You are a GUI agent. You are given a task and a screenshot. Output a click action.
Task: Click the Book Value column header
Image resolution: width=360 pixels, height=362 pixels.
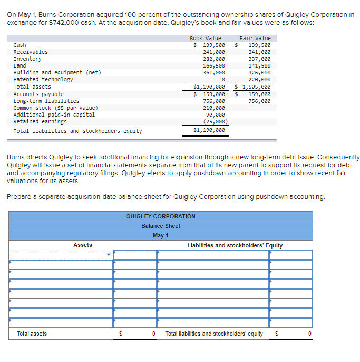tap(206, 38)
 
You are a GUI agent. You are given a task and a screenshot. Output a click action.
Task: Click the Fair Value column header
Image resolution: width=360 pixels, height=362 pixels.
tap(255, 38)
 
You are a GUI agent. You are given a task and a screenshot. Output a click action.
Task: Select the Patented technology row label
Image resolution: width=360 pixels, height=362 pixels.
tap(43, 80)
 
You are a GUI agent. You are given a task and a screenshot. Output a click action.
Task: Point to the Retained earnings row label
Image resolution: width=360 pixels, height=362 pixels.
tap(40, 121)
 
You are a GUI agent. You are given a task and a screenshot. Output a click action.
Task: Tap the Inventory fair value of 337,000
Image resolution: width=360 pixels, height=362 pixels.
tap(259, 59)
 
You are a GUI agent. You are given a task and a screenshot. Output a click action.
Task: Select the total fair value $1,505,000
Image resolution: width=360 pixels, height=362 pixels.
tap(253, 87)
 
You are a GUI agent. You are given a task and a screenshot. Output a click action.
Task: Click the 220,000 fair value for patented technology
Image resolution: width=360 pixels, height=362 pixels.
tap(259, 80)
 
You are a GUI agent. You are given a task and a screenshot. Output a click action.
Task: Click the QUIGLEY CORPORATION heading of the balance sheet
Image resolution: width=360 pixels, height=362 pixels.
tap(160, 216)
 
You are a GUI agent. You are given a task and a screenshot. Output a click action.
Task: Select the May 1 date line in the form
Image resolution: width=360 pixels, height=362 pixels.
tap(160, 235)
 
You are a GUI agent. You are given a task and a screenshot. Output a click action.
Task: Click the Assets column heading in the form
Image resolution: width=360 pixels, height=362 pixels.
tap(83, 245)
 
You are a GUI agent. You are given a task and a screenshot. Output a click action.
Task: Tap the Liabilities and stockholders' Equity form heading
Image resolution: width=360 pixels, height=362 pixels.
tap(235, 245)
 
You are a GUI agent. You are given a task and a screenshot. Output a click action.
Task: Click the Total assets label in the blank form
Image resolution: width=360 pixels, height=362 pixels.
tap(32, 334)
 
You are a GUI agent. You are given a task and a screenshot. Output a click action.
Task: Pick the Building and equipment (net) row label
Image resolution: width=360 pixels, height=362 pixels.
tap(57, 73)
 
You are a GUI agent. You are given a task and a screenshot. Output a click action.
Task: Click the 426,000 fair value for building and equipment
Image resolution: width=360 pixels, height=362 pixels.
tap(259, 73)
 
